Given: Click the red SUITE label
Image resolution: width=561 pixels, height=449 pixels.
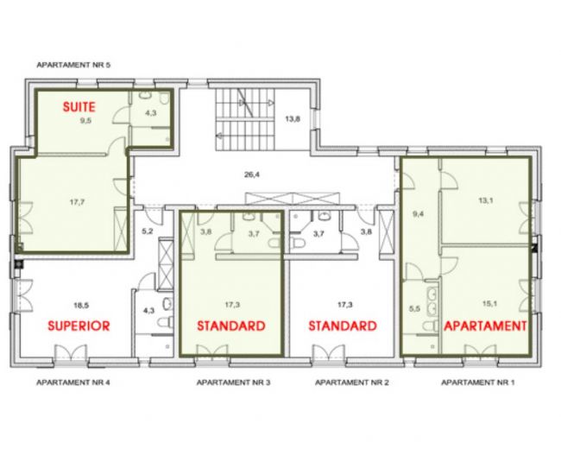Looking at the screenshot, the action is point(79,107).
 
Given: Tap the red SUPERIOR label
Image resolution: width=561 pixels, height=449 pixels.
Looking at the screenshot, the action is point(79,326).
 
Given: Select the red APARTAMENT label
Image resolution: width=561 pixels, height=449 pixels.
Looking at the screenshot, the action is point(485,326).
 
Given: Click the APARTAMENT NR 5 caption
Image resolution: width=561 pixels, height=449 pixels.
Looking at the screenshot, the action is point(73,65).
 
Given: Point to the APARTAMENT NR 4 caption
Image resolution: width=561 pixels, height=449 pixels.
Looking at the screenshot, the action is point(73,383).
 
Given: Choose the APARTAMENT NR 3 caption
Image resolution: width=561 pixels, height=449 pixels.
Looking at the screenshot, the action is point(234,383).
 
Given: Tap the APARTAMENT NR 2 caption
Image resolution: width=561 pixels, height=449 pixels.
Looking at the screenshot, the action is point(351,383).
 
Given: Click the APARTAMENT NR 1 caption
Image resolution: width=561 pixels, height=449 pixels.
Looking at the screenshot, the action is point(478,383).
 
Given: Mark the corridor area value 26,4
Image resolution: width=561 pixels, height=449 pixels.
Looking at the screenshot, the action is point(252,174).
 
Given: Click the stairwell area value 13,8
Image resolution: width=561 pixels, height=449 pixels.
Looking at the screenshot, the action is point(293,118).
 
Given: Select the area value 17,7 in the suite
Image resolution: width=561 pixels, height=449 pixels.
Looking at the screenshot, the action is point(77,202).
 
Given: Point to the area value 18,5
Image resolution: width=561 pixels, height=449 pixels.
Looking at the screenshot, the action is point(81,306).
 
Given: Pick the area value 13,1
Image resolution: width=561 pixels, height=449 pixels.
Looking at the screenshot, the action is point(486,200).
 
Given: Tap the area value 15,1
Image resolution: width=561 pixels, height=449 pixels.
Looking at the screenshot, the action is point(490,304).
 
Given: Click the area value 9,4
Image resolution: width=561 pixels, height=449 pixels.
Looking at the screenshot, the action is point(419,214).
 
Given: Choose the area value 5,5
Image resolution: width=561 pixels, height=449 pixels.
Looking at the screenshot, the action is point(414,308).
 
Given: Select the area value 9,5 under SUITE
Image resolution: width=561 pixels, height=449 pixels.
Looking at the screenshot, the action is point(85,120).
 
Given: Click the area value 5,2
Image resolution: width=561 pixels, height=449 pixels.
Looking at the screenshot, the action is point(147,231).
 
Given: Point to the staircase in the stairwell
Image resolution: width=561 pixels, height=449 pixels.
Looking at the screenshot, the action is point(245,119).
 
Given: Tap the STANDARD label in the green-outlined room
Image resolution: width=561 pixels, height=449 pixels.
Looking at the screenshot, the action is point(231,326).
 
